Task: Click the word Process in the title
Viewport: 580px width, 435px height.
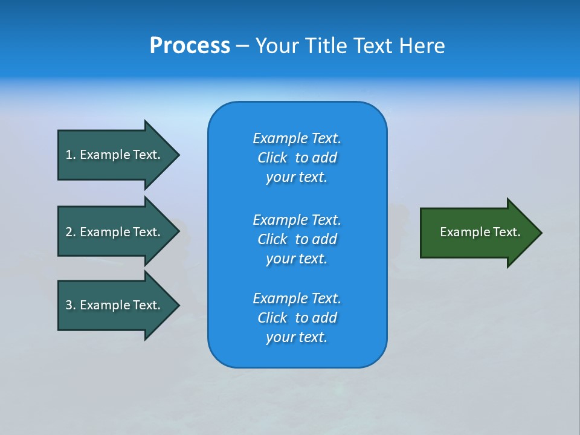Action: (x=190, y=46)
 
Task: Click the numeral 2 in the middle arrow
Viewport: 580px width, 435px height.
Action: (x=69, y=232)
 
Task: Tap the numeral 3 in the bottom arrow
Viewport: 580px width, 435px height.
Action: (x=69, y=305)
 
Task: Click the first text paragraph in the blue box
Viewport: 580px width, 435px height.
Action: (x=297, y=158)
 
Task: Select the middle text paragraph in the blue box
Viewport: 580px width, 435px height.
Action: (x=297, y=239)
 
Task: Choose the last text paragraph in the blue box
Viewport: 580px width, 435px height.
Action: (x=297, y=318)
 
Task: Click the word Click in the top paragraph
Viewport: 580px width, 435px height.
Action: (x=272, y=158)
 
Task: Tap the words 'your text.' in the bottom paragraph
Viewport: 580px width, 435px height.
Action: (x=297, y=337)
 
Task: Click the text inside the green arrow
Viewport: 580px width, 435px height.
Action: (x=480, y=232)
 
